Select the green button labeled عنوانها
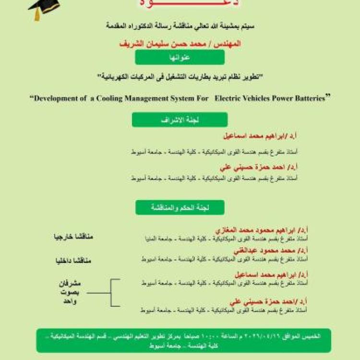tap(180, 57)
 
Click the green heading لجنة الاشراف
tap(180, 120)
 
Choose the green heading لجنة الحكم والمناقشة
tap(180, 207)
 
